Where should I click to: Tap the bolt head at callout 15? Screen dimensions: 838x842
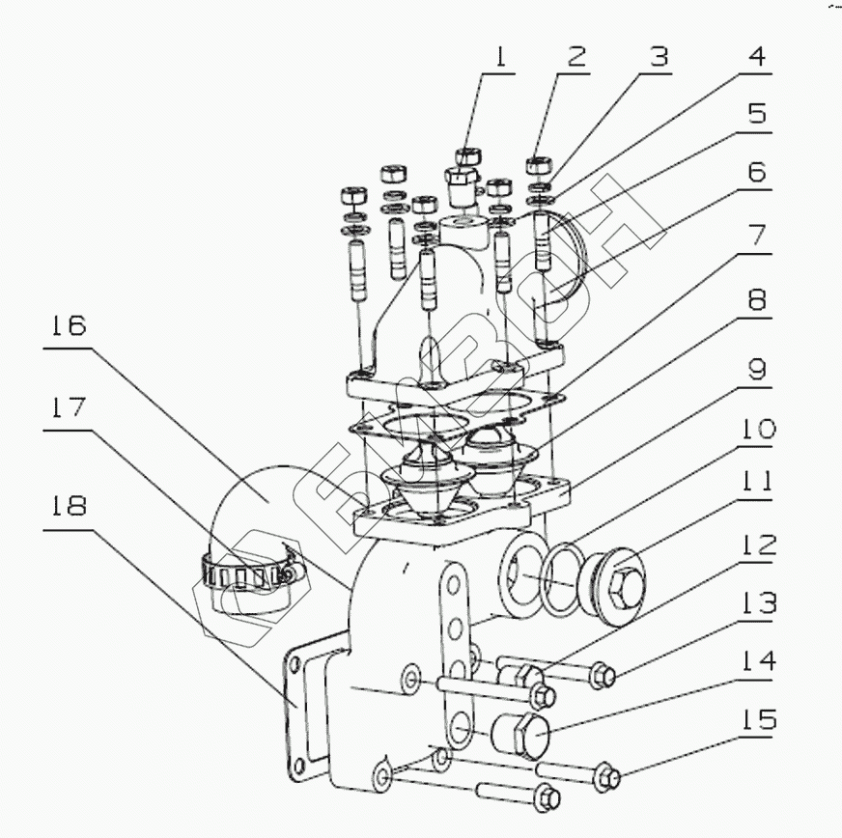click(609, 773)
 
